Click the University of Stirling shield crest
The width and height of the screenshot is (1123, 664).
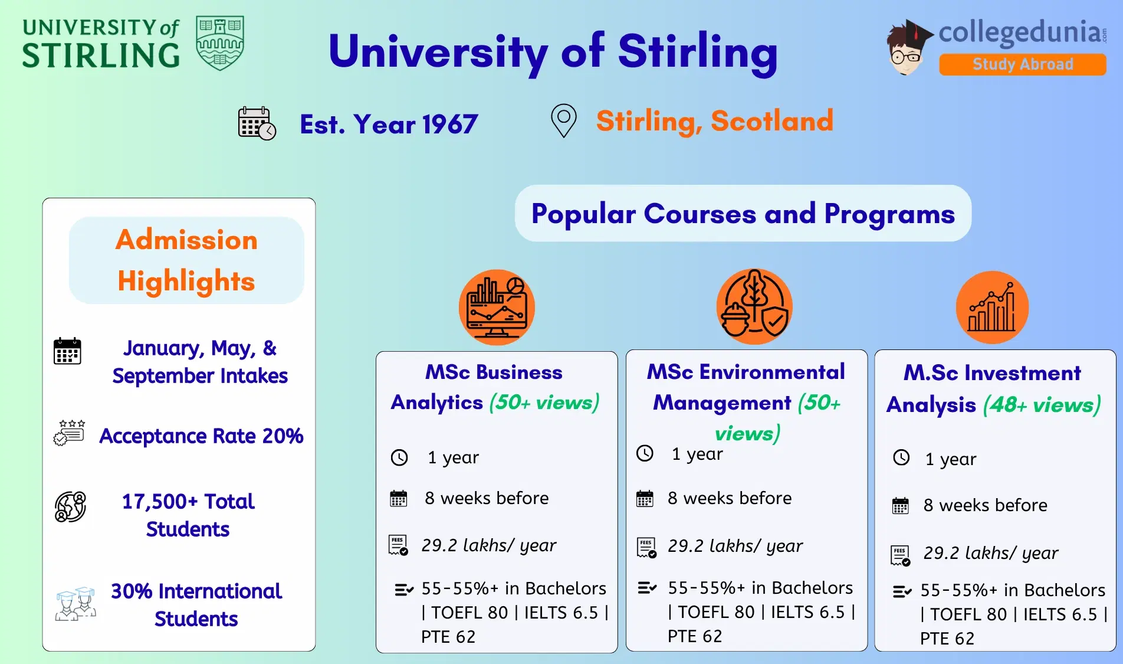(220, 43)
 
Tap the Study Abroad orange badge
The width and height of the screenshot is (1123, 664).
(1022, 64)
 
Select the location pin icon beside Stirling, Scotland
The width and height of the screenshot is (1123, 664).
(563, 120)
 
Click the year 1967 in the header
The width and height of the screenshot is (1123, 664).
(449, 125)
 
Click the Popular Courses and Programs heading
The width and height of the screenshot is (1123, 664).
(743, 214)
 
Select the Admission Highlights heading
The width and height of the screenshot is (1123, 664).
(186, 260)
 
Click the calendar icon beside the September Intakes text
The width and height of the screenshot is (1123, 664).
(67, 351)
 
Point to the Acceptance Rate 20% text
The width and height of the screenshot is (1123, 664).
(201, 436)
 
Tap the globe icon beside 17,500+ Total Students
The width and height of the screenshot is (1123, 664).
(70, 507)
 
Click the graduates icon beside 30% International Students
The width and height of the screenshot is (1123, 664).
(75, 603)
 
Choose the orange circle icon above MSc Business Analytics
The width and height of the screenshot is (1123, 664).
(497, 308)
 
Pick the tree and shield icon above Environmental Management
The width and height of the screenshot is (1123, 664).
(754, 306)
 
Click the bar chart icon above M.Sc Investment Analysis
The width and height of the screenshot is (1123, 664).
(992, 308)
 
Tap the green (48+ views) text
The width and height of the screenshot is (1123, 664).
(1042, 405)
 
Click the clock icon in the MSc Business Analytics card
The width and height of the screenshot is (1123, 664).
(399, 457)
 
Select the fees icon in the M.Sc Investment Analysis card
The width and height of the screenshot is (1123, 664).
(900, 555)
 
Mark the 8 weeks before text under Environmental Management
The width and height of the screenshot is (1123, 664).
(730, 498)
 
